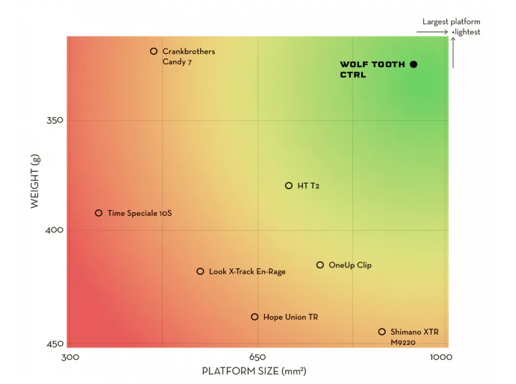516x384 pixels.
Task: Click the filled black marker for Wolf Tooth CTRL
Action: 413,64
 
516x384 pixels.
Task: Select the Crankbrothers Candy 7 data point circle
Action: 154,51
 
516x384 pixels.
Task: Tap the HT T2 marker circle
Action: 289,186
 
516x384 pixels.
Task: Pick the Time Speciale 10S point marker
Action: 99,213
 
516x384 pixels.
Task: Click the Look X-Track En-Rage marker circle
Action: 200,271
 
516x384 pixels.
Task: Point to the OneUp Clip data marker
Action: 320,265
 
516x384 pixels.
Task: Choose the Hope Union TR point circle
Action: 255,316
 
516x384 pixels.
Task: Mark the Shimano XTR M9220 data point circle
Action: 382,331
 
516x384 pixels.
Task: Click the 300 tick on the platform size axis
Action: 70,358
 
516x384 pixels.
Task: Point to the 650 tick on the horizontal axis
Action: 258,358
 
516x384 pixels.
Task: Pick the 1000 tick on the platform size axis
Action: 441,358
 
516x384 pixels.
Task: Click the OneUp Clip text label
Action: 350,265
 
